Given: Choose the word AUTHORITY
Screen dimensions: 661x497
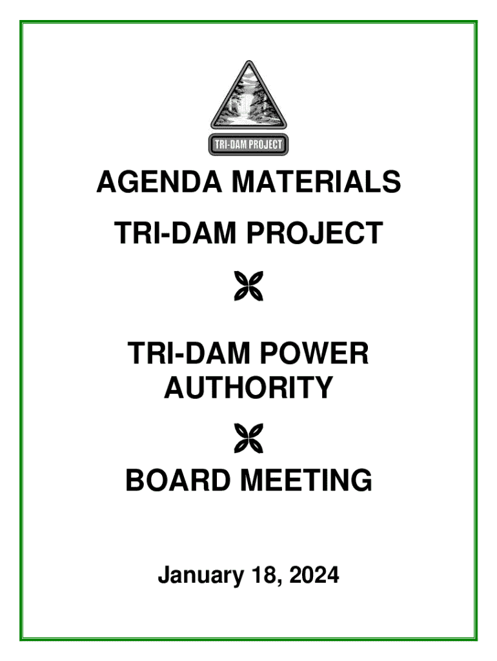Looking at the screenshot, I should [x=249, y=388].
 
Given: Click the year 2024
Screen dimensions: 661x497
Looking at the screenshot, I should [x=314, y=575].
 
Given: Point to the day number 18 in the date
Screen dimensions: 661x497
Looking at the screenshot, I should [x=258, y=575].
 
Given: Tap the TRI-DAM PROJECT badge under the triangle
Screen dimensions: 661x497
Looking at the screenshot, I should [x=248, y=145].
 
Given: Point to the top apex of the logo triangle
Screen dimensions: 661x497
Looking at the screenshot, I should [x=248, y=62].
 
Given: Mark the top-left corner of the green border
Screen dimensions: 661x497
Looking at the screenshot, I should [x=21, y=22].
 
